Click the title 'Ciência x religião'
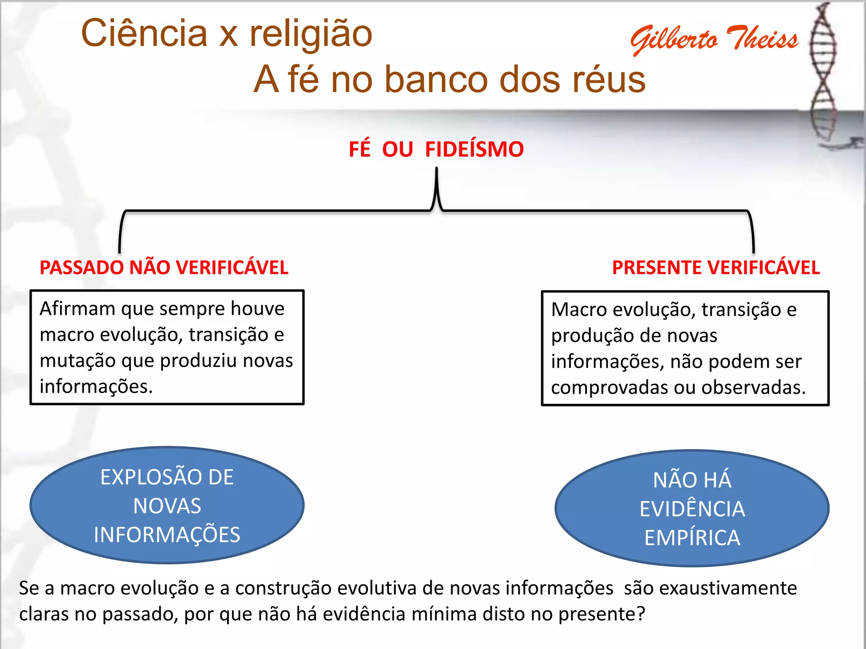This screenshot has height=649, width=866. pyautogui.click(x=227, y=34)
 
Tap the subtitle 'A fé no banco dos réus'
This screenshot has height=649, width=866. pyautogui.click(x=449, y=79)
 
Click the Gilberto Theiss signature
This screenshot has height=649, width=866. pyautogui.click(x=714, y=39)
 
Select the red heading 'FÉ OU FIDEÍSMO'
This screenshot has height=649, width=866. pyautogui.click(x=436, y=150)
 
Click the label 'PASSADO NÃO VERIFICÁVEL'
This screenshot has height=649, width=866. pyautogui.click(x=164, y=268)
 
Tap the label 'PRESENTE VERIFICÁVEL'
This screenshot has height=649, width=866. pyautogui.click(x=716, y=268)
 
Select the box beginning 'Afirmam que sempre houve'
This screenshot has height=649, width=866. pyautogui.click(x=167, y=347)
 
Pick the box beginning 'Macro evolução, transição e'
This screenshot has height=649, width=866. pyautogui.click(x=685, y=348)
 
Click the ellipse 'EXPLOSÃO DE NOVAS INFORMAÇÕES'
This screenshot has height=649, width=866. pyautogui.click(x=167, y=505)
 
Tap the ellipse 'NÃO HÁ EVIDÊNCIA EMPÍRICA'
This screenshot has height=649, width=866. pyautogui.click(x=692, y=508)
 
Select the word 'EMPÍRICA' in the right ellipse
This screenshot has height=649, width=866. pyautogui.click(x=692, y=538)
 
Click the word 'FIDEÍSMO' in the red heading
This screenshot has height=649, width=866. pyautogui.click(x=474, y=150)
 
